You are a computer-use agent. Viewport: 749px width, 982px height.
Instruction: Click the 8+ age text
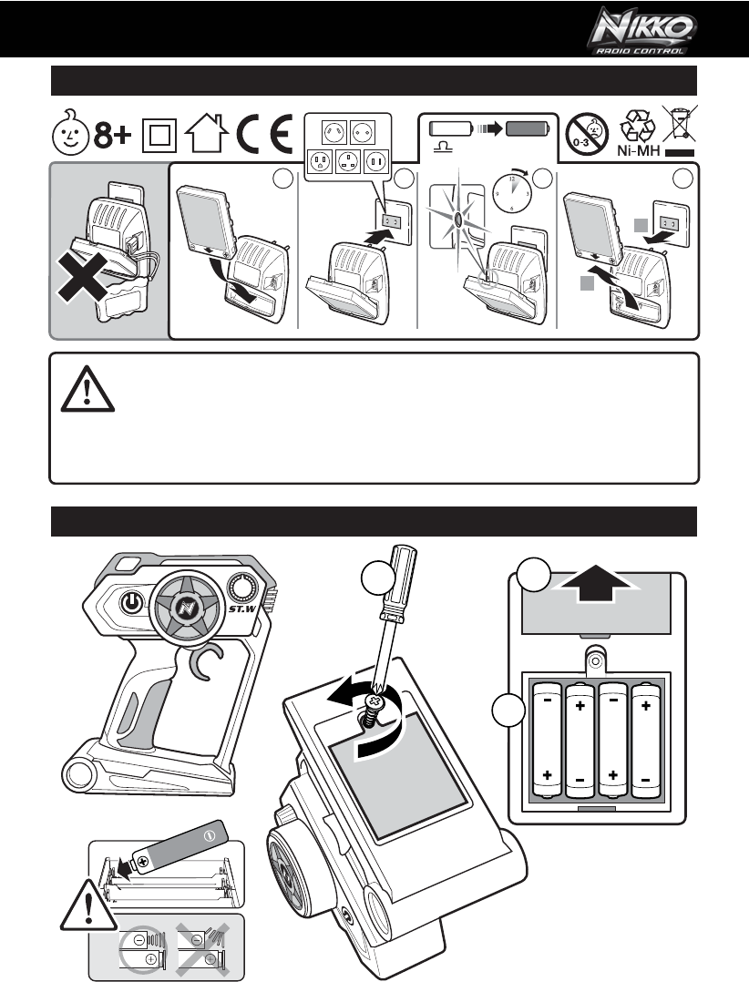(114, 137)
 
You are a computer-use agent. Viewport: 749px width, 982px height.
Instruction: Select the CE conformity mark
(263, 137)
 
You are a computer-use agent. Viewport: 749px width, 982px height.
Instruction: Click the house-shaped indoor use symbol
(203, 137)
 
